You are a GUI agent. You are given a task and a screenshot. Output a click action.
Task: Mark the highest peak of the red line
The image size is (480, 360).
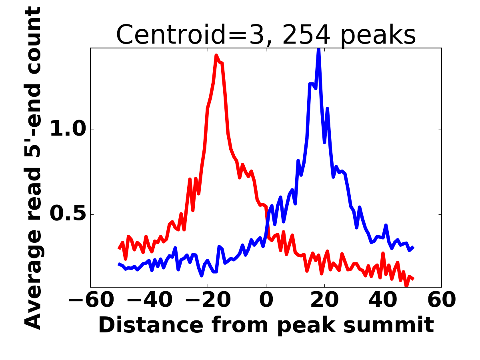point(216,55)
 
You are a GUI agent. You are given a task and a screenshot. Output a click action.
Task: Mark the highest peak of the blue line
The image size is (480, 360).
point(319,49)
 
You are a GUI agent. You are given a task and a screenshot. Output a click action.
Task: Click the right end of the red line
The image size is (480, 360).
point(412,278)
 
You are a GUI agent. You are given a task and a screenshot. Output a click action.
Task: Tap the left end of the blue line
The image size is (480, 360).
point(119,264)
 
